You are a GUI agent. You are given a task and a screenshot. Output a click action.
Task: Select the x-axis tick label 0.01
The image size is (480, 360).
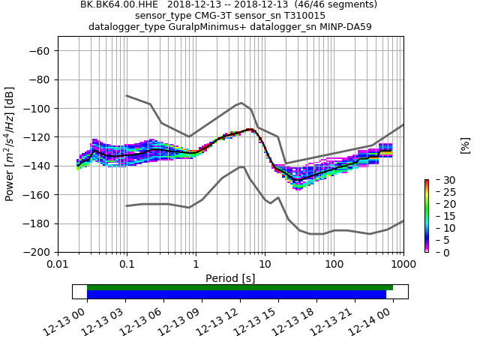coord(58,264)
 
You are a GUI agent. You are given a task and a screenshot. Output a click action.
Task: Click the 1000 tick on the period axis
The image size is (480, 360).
coord(403,264)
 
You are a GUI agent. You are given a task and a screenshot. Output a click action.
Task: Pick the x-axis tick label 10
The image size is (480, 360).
coord(265,264)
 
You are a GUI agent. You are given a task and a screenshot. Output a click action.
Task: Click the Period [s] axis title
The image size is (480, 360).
coord(230,277)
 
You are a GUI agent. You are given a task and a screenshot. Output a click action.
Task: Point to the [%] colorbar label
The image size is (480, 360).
coord(465,145)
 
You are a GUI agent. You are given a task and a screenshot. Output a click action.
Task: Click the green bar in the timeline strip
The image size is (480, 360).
coord(240,287)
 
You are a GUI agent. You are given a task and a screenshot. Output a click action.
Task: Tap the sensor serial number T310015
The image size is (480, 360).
coord(300,15)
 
